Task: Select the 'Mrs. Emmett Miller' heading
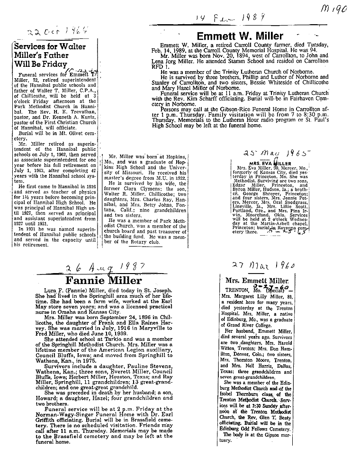click(x=261, y=281)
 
